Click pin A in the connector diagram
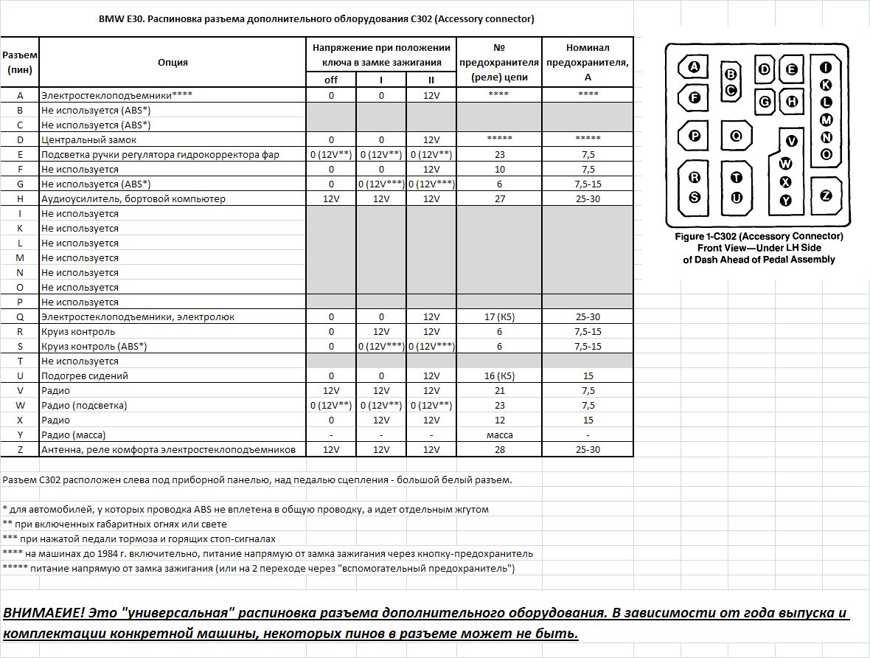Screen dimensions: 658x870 (x=694, y=68)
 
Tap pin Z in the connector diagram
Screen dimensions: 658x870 (x=826, y=195)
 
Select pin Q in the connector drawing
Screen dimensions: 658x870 (x=736, y=136)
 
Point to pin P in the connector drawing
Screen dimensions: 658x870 (x=694, y=136)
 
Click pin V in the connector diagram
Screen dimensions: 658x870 (x=792, y=141)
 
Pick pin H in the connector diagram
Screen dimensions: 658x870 (x=791, y=102)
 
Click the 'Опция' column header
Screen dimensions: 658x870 (x=173, y=63)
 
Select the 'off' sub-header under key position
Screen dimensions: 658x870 (x=331, y=80)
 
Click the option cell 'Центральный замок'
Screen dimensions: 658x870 (x=88, y=139)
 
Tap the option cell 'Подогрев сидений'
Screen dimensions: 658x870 (x=85, y=375)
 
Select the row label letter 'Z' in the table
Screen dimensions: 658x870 (x=20, y=449)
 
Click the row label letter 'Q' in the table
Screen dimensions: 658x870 (x=20, y=316)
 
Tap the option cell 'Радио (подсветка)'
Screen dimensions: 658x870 (x=84, y=405)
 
